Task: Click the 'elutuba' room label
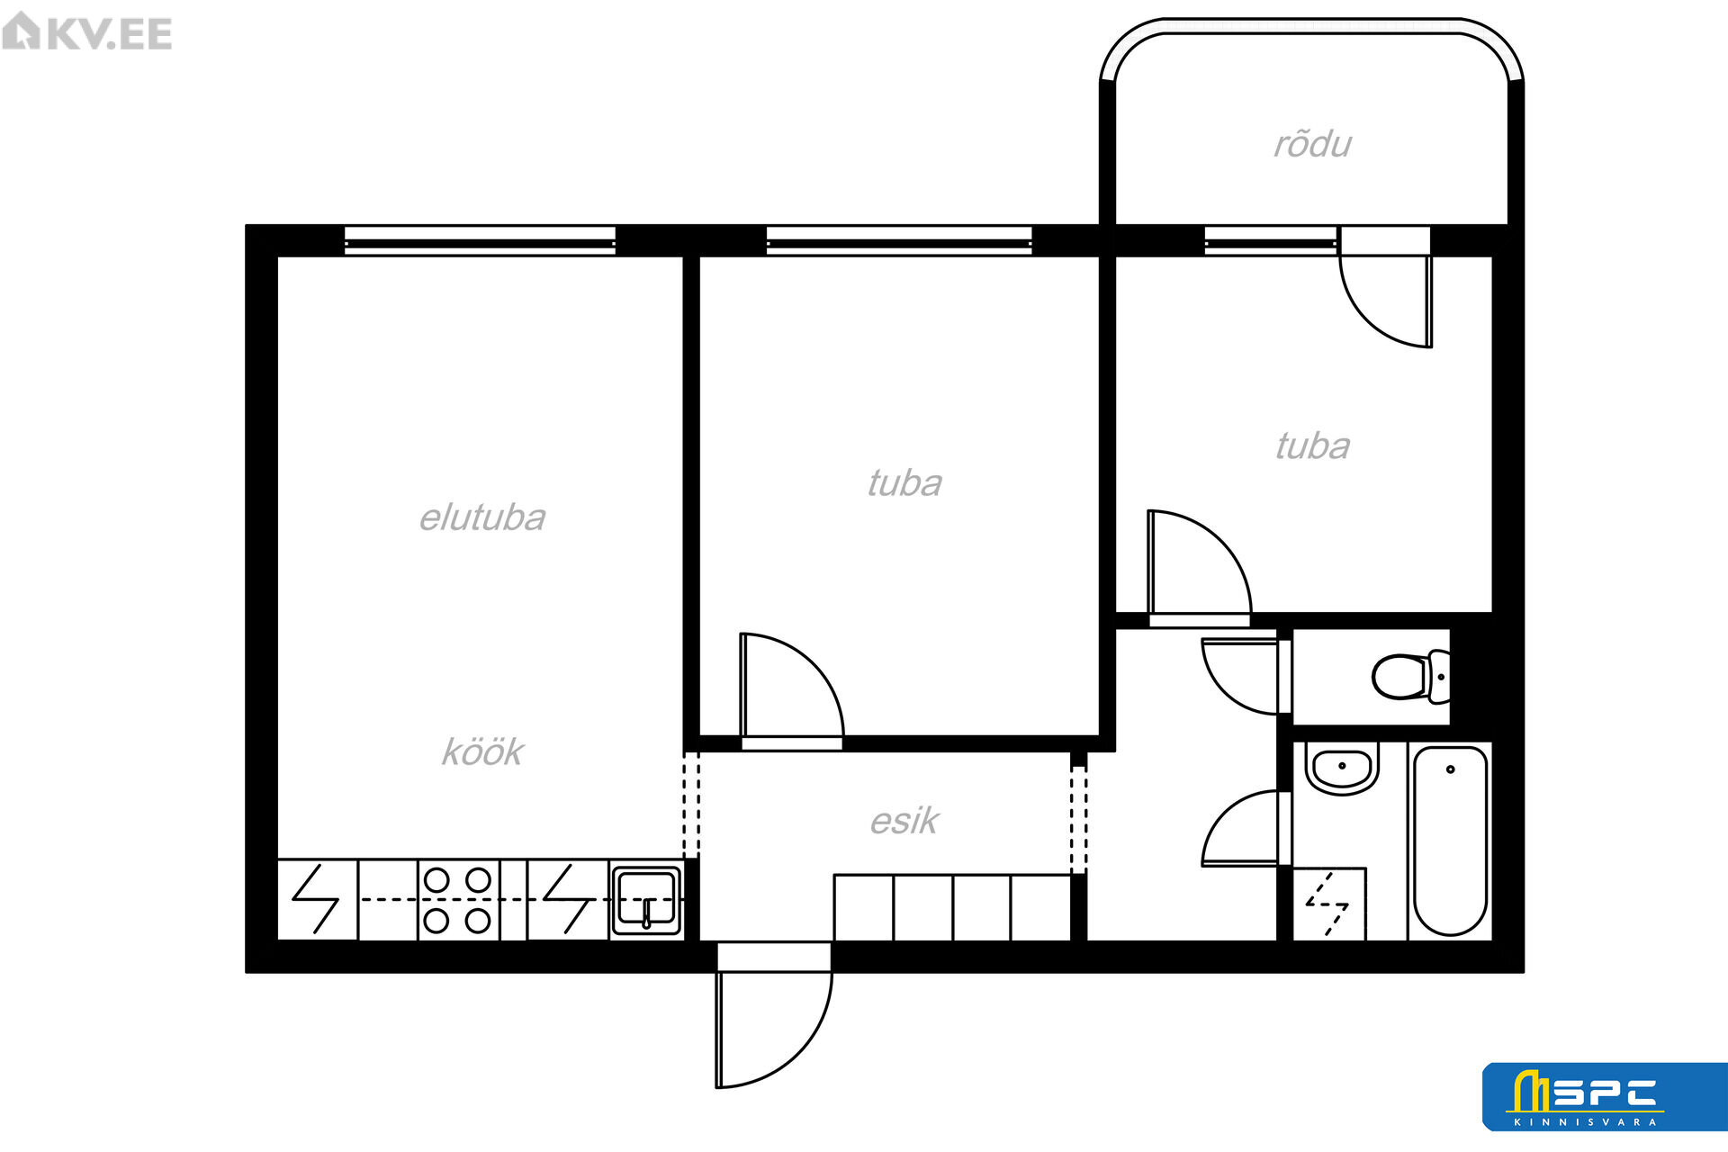pos(482,518)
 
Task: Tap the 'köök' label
pos(482,751)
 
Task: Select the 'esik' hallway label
pos(904,821)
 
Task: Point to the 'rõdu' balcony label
pos(1312,144)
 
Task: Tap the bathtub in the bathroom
pos(1450,841)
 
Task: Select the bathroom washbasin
pos(1342,769)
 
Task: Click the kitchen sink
pos(646,900)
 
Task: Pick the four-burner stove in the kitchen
pos(458,900)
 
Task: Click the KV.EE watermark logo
pos(87,32)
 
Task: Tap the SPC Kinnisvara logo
pos(1605,1096)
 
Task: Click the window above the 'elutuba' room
pos(480,240)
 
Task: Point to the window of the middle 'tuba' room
pos(899,240)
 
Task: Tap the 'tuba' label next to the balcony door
pos(1312,446)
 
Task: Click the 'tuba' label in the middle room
pos(904,483)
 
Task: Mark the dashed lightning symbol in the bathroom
pos(1327,904)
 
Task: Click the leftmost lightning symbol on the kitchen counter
pos(316,899)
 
